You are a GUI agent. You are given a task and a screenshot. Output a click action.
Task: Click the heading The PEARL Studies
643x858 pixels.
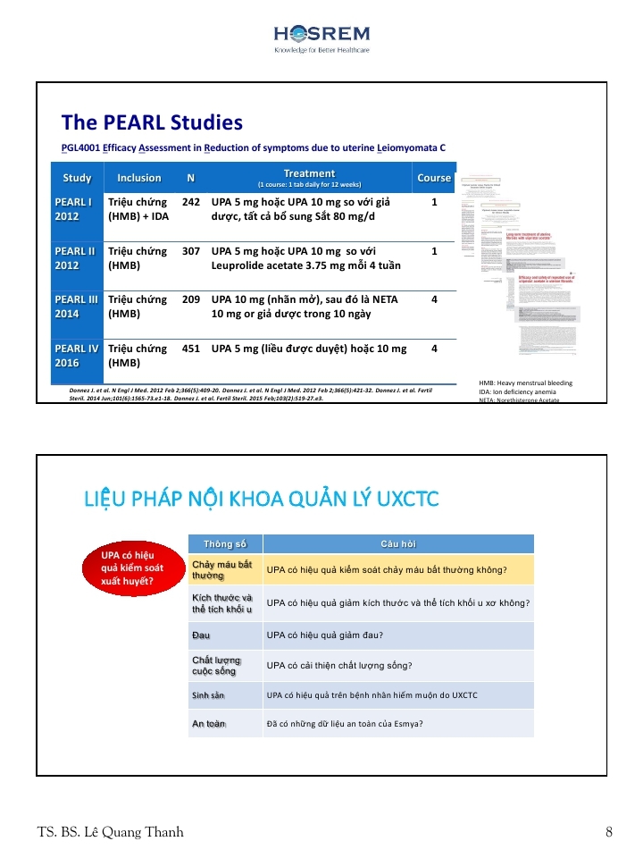point(152,122)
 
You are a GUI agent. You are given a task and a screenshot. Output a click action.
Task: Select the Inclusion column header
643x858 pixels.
point(139,178)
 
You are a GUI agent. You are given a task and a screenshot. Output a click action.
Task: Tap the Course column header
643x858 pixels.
point(434,178)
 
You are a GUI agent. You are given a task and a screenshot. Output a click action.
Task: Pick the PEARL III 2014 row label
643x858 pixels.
point(76,307)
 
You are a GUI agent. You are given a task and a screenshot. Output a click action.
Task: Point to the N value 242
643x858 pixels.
point(191,203)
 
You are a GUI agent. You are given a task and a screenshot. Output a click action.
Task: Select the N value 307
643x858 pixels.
point(191,252)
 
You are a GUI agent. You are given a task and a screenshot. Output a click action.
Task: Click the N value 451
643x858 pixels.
point(191,349)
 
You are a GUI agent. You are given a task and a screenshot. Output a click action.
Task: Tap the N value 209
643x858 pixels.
point(191,300)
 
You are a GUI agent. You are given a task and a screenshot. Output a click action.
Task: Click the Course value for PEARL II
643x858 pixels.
point(434,252)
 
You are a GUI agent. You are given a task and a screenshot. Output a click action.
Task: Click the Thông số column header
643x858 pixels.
point(225,543)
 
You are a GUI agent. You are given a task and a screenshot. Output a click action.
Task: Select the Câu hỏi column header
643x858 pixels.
point(398,543)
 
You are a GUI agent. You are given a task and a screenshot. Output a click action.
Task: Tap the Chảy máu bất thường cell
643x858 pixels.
point(224,570)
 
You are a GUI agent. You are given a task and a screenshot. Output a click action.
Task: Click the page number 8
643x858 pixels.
point(609,832)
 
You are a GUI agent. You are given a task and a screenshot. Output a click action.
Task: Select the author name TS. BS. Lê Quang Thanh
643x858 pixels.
point(111,832)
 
